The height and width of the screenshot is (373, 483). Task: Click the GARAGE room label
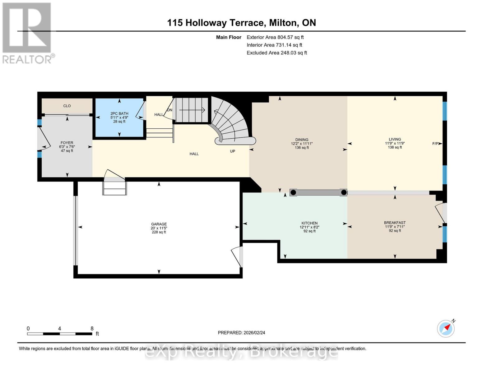pyautogui.click(x=159, y=224)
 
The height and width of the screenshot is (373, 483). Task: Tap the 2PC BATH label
pyautogui.click(x=119, y=114)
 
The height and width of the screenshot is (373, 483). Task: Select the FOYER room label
pyautogui.click(x=67, y=143)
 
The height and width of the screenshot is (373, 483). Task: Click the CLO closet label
pyautogui.click(x=67, y=106)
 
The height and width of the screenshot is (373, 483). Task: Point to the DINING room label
pyautogui.click(x=302, y=140)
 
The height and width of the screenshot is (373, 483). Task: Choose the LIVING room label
pyautogui.click(x=395, y=140)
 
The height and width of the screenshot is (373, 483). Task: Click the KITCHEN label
pyautogui.click(x=309, y=223)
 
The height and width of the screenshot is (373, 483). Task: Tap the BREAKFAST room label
pyautogui.click(x=395, y=223)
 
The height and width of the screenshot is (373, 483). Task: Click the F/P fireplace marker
pyautogui.click(x=435, y=144)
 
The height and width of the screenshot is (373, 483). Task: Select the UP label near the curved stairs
pyautogui.click(x=232, y=151)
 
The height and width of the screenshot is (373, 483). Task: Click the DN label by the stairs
pyautogui.click(x=170, y=110)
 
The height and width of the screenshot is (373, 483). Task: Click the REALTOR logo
pyautogui.click(x=27, y=33)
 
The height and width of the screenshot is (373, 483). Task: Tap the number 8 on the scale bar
pyautogui.click(x=92, y=329)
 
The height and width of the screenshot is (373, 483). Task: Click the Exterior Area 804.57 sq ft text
pyautogui.click(x=275, y=37)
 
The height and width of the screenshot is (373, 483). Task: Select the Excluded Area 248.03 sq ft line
pyautogui.click(x=276, y=53)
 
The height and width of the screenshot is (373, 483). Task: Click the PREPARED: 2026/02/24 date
pyautogui.click(x=241, y=333)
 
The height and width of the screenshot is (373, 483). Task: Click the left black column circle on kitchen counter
pyautogui.click(x=293, y=192)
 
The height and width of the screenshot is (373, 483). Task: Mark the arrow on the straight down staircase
pyautogui.click(x=192, y=110)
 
